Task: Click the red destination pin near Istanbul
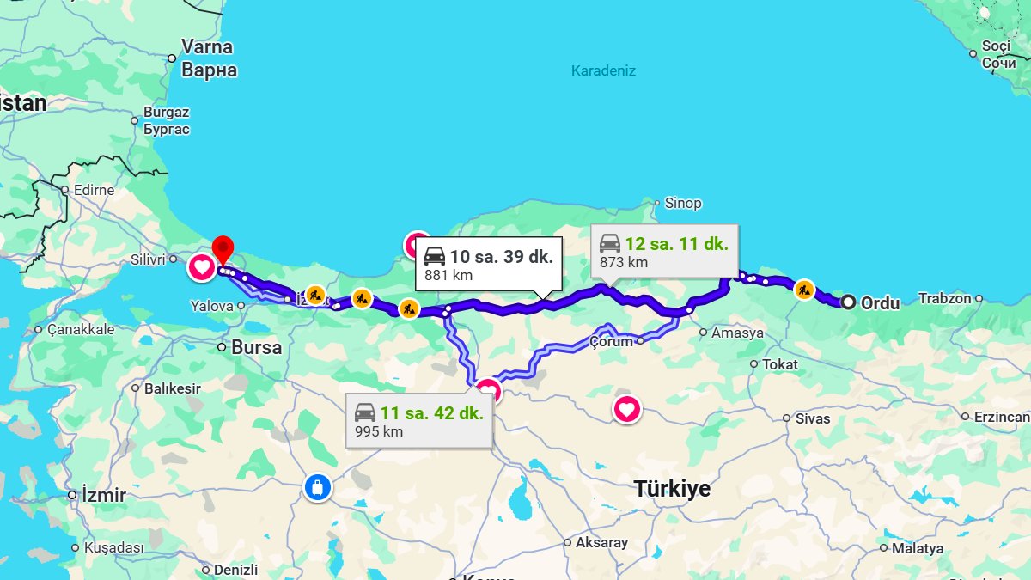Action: click(223, 248)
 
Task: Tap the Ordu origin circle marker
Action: click(848, 302)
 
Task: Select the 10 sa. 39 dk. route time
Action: click(501, 256)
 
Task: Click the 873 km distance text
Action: click(625, 263)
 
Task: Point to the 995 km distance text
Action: click(379, 431)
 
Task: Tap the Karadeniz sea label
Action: click(603, 70)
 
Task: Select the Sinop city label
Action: click(683, 204)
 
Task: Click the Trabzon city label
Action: click(944, 299)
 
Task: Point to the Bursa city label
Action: click(256, 348)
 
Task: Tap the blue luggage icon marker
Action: click(317, 488)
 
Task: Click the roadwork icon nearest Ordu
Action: click(804, 289)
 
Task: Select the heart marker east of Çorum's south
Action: click(626, 409)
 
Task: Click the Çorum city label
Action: click(611, 342)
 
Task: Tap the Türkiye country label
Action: click(672, 489)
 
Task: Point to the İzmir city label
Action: click(103, 496)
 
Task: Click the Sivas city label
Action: click(812, 418)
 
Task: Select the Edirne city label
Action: click(94, 190)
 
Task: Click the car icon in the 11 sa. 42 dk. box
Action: click(365, 412)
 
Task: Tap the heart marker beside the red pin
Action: click(202, 267)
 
